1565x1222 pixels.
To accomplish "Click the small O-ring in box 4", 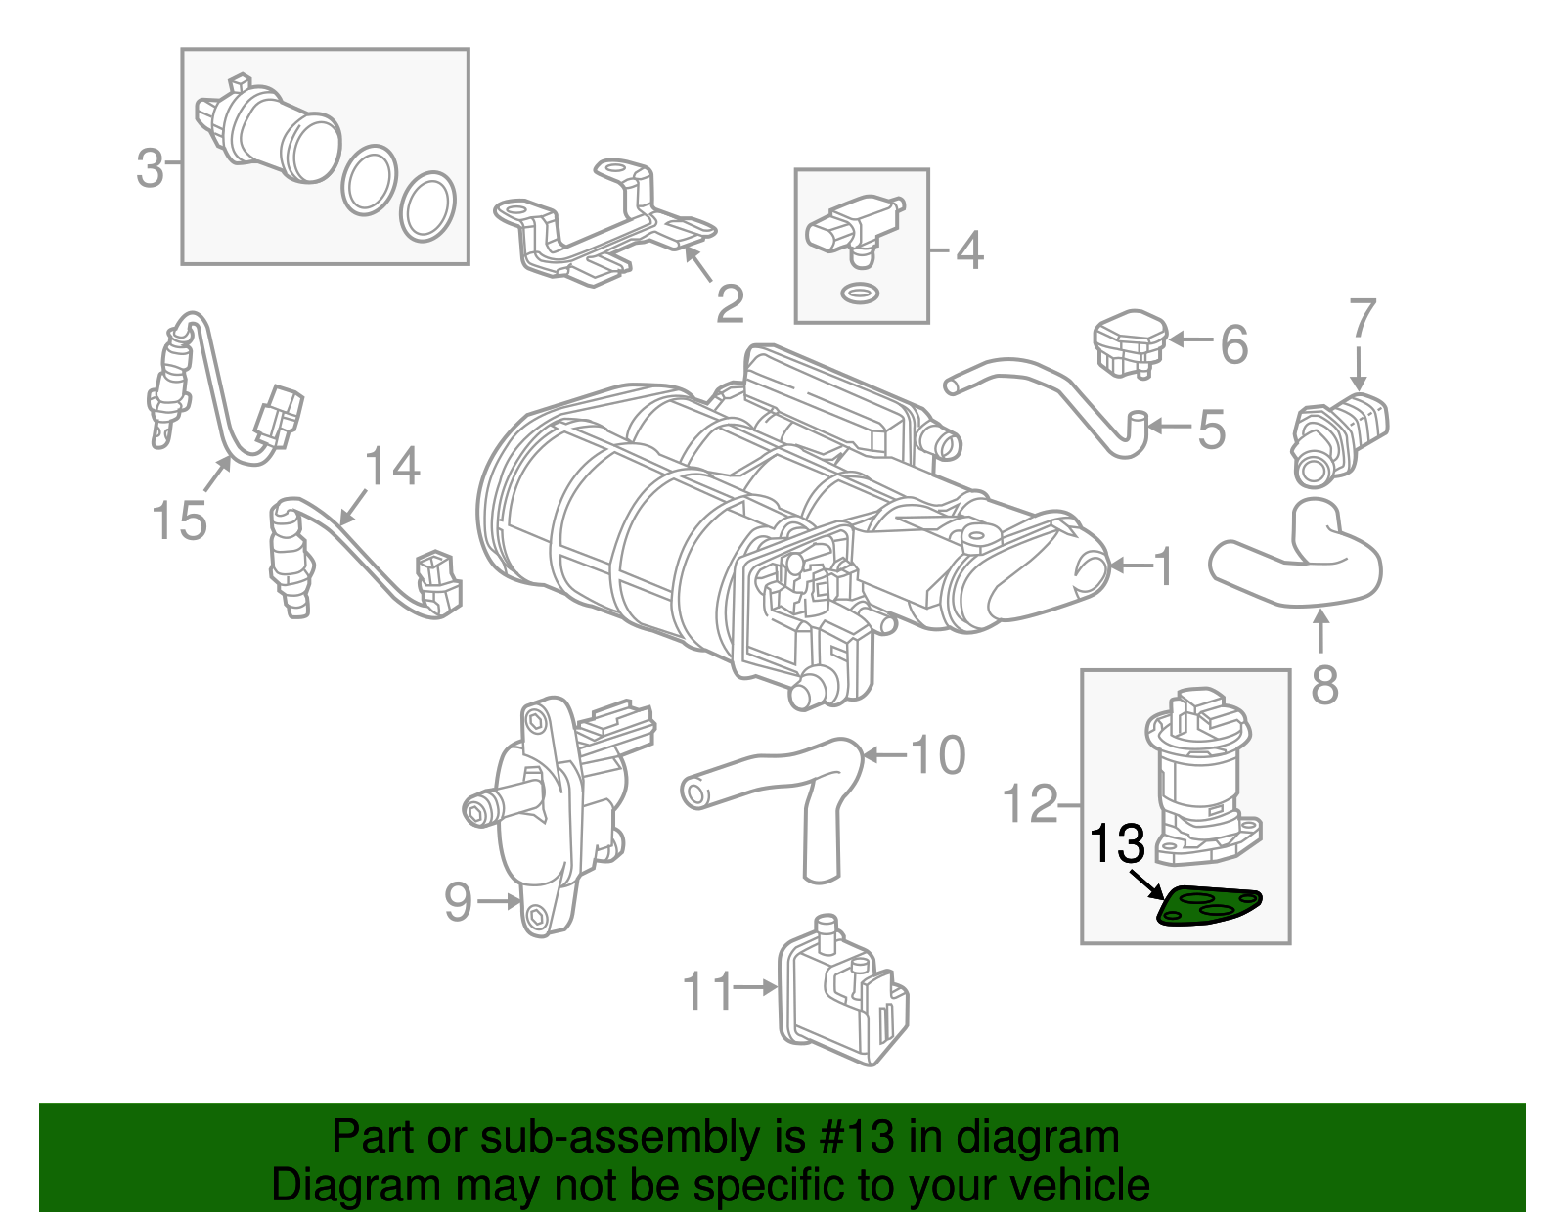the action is pyautogui.click(x=860, y=294).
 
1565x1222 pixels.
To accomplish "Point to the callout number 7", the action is pyautogui.click(x=1362, y=318).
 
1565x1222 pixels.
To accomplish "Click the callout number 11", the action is pyautogui.click(x=708, y=991).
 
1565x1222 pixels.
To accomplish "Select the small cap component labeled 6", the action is pyautogui.click(x=1130, y=343).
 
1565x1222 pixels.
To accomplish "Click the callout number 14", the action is pyautogui.click(x=392, y=466).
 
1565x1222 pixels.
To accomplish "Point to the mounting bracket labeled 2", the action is pyautogui.click(x=604, y=223).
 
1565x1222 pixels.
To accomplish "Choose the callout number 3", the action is pyautogui.click(x=150, y=168).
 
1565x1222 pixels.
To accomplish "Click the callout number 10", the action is pyautogui.click(x=938, y=755).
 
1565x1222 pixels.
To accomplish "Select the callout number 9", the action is pyautogui.click(x=458, y=901).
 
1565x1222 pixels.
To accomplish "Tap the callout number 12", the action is pyautogui.click(x=1031, y=803).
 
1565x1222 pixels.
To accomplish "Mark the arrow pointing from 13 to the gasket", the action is pyautogui.click(x=1145, y=885).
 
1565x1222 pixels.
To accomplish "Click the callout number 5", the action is pyautogui.click(x=1211, y=430).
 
